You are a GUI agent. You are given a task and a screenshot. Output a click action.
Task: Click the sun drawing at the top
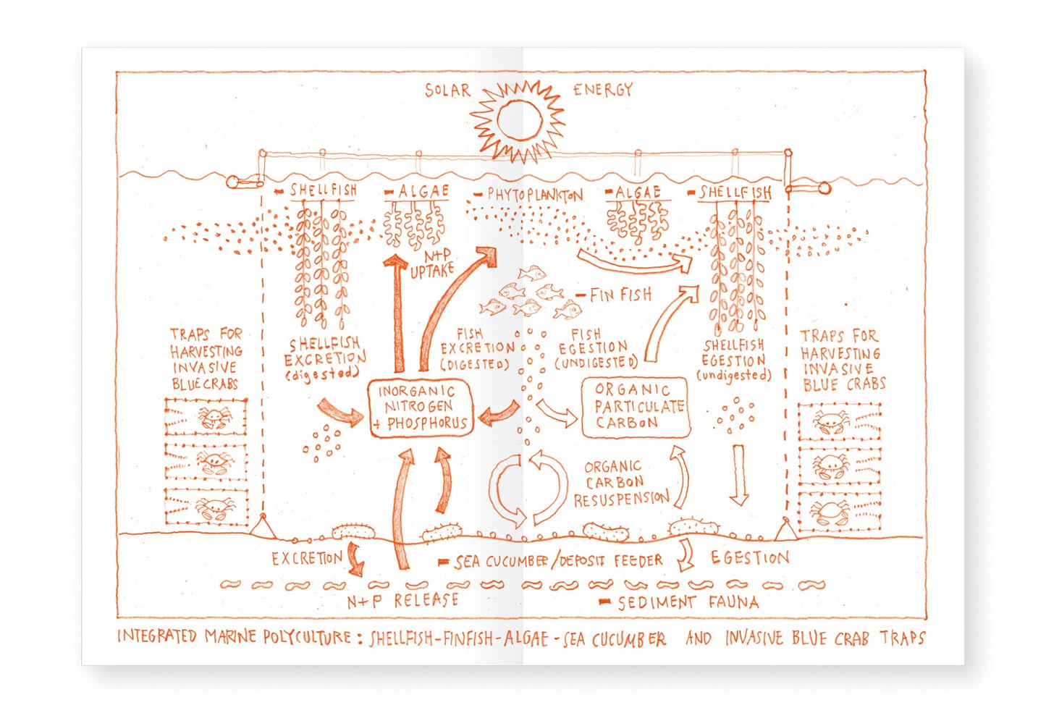[x=518, y=121]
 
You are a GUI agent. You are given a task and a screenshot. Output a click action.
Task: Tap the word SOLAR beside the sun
[x=447, y=90]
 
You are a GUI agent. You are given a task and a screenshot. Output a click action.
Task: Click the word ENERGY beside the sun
[x=603, y=90]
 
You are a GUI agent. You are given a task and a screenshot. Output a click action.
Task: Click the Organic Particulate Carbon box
[x=636, y=407]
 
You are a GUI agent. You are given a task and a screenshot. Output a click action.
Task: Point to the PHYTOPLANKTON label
[x=535, y=194]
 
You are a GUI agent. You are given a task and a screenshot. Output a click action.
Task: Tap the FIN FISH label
[x=620, y=295]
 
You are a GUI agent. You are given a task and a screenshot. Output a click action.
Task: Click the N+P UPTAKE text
[x=431, y=264]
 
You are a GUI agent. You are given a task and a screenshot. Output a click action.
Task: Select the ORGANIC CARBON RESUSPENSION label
[x=621, y=484]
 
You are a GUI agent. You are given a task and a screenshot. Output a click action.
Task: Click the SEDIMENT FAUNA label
[x=688, y=603]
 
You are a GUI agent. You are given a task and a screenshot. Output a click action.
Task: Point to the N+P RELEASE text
[x=403, y=601]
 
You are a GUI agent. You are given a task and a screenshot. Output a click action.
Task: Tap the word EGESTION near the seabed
[x=749, y=557]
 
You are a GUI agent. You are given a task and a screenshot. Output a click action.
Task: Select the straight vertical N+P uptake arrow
[x=397, y=313]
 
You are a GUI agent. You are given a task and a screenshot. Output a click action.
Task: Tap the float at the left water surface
[x=233, y=182]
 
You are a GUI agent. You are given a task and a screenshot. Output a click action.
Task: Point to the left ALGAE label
[x=423, y=191]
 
